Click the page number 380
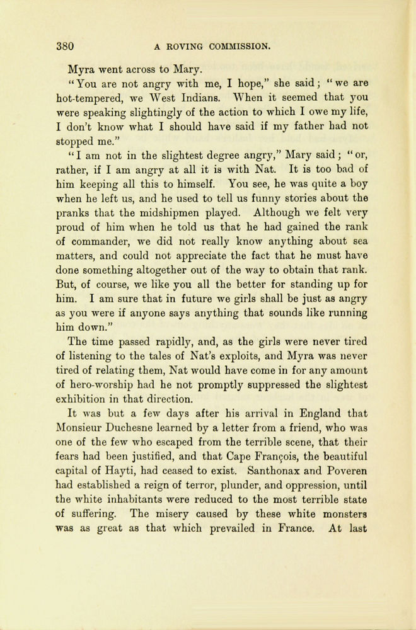tap(65, 46)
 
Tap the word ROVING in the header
tap(183, 46)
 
